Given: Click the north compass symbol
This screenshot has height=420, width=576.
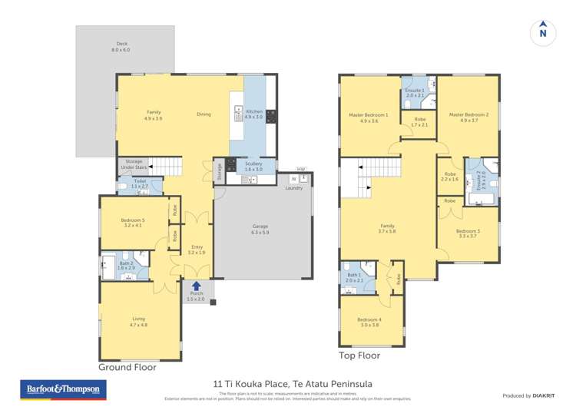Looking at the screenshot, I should [x=543, y=33].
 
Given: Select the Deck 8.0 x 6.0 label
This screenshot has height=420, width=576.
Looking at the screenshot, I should [x=121, y=47].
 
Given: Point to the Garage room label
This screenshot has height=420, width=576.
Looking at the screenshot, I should [x=260, y=229].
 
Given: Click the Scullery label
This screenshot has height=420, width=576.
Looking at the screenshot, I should [x=253, y=165].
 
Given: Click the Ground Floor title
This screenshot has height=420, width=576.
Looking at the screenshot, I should [x=127, y=367].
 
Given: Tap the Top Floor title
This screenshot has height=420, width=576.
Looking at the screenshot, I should [x=359, y=356].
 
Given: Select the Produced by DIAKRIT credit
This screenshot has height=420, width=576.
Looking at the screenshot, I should [x=528, y=395].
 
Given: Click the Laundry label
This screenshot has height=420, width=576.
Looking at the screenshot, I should [x=293, y=188].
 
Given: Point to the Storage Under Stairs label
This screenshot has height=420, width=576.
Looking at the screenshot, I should [x=132, y=164].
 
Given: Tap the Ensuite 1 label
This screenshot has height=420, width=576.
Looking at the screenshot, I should [x=415, y=93].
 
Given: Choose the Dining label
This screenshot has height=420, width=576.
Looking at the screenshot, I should [x=204, y=114].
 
